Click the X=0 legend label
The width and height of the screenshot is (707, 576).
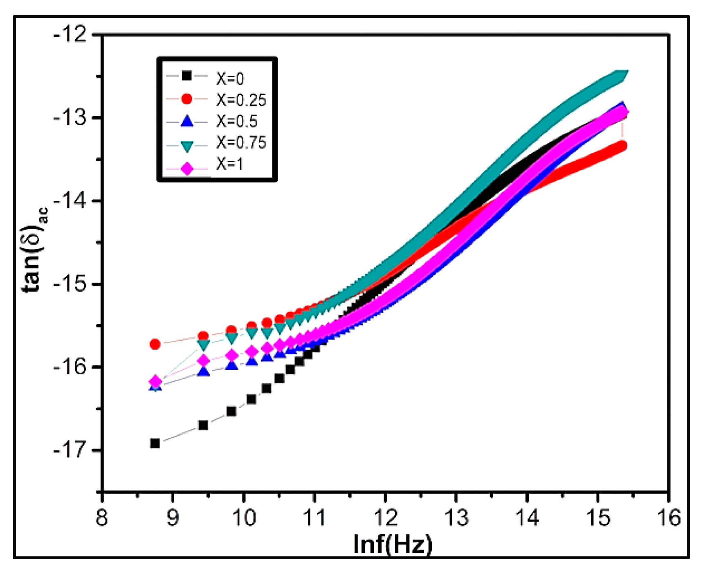pos(230,78)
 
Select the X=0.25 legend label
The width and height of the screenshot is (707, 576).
pos(241,99)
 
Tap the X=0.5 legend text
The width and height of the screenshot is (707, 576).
pos(236,121)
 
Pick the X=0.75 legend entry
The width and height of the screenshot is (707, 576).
pos(241,142)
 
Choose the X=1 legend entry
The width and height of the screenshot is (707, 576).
pos(229,164)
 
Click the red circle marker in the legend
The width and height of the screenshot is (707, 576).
pos(187,99)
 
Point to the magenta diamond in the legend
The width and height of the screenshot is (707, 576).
pos(187,169)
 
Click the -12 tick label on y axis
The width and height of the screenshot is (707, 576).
pos(70,34)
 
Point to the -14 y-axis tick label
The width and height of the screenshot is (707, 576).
pos(70,200)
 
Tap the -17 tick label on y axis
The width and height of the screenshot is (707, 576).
pos(70,450)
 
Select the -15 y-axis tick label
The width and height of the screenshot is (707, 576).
pos(70,284)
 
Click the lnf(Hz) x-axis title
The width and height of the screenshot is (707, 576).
pos(392,544)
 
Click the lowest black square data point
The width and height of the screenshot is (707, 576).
pos(155,443)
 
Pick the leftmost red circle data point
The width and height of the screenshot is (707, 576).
pos(155,344)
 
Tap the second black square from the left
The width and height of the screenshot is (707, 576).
pos(203,425)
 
